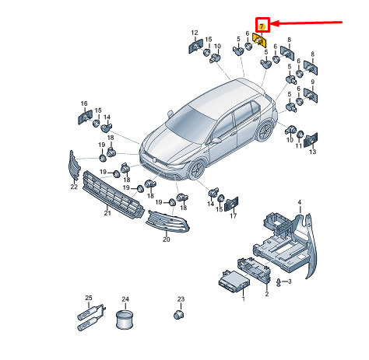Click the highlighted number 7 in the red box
[x=262, y=26]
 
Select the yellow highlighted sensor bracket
[x=259, y=40]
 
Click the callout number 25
[x=89, y=298]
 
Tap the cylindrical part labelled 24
[x=125, y=319]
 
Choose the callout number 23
[x=181, y=299]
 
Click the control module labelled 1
[x=234, y=282]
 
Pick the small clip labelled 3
[x=279, y=282]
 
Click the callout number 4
[x=300, y=202]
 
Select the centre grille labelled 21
[x=113, y=195]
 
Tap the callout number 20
[x=167, y=239]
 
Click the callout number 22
[x=74, y=187]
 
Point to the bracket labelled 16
[x=85, y=117]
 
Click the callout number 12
[x=195, y=33]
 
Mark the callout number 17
[x=234, y=215]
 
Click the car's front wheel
[x=196, y=170]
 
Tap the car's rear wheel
[x=265, y=131]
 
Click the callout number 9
[x=312, y=82]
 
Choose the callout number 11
[x=299, y=146]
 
